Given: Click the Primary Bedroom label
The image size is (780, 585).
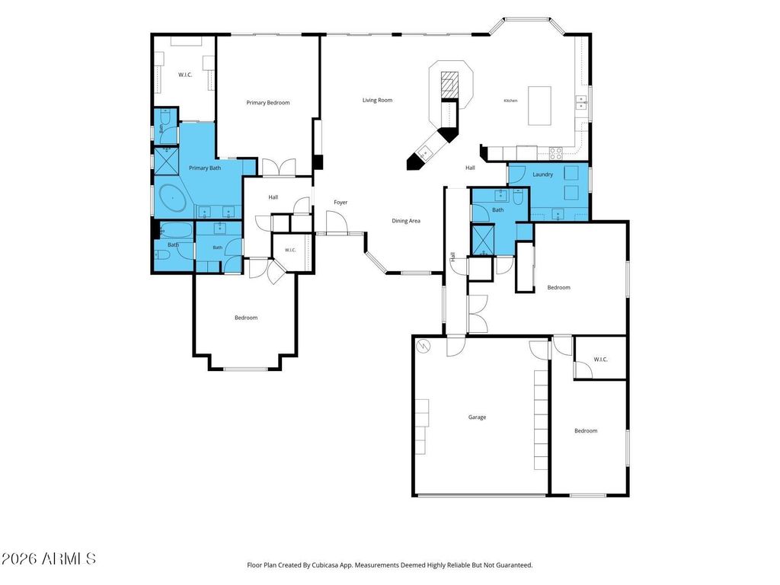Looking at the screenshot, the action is (267, 103).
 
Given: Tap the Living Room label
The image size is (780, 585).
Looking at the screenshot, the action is (377, 100).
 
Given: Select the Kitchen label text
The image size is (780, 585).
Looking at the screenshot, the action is (510, 101).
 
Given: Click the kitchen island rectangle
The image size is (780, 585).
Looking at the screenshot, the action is (539, 105).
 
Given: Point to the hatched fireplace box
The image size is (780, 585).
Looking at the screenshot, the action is (449, 85).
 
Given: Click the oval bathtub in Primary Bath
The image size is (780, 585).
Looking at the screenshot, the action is (171, 199).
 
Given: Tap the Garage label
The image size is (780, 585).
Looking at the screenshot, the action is (477, 417).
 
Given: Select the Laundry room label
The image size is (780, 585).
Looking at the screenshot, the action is (542, 174).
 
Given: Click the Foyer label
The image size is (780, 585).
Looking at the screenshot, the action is (340, 203).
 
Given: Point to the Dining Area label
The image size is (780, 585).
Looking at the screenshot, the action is (406, 221).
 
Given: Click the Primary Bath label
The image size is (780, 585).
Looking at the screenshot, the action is (204, 168).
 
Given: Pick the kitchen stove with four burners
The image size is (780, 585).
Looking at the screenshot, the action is (555, 152).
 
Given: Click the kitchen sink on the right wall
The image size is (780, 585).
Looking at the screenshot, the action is (581, 103).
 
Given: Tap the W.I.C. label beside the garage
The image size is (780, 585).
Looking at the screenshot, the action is (600, 360).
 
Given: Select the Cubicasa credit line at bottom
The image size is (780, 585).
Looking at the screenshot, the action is (389, 565).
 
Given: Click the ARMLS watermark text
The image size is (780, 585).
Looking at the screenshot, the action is (48, 558).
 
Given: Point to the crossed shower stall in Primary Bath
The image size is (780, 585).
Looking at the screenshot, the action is (166, 161).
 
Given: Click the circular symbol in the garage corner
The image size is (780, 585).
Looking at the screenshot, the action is (423, 345).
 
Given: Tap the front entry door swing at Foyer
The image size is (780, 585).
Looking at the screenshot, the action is (336, 222).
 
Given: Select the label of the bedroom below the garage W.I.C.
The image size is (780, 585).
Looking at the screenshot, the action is (586, 431).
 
